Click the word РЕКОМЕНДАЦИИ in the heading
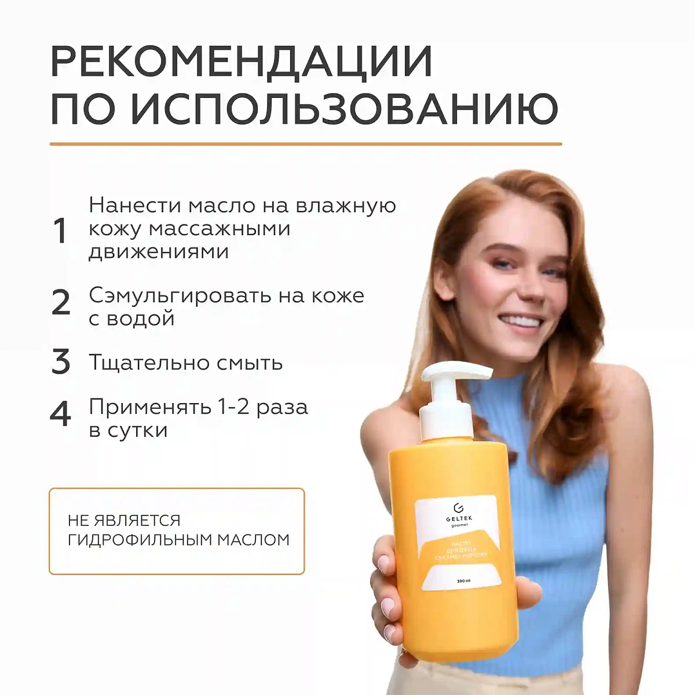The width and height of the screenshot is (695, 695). (x=242, y=61)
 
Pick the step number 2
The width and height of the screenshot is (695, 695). (x=61, y=303)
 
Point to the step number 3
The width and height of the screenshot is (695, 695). (x=61, y=362)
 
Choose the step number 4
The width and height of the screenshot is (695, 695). (x=61, y=414)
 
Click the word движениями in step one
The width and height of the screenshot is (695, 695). (x=158, y=252)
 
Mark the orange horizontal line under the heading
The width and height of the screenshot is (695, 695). (x=305, y=144)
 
